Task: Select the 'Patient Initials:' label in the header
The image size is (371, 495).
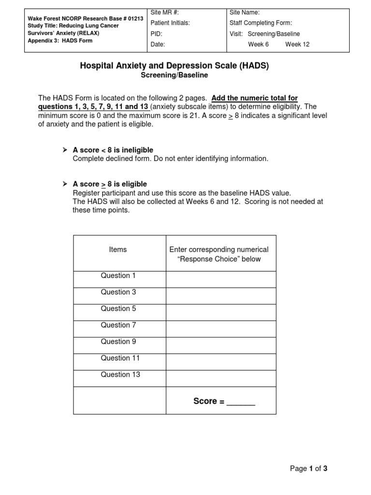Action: [x=170, y=23]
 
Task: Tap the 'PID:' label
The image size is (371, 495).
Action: [x=157, y=34]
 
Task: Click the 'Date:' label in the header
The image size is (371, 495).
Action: [x=158, y=44]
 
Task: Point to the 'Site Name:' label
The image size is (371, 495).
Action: [x=244, y=13]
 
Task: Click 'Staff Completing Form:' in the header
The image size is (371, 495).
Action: [x=261, y=23]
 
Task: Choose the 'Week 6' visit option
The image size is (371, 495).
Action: [x=258, y=44]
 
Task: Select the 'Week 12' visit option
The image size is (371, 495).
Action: [x=297, y=44]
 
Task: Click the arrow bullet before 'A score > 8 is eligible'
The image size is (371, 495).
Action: [x=65, y=184]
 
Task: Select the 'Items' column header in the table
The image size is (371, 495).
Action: [x=118, y=249]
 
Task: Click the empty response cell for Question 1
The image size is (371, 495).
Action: [x=221, y=279]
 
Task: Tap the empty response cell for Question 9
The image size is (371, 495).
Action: [x=221, y=345]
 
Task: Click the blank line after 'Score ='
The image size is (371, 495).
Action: [x=241, y=403]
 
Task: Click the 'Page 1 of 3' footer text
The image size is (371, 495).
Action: [x=308, y=468]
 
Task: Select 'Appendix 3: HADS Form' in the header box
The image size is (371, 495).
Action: [x=60, y=41]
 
